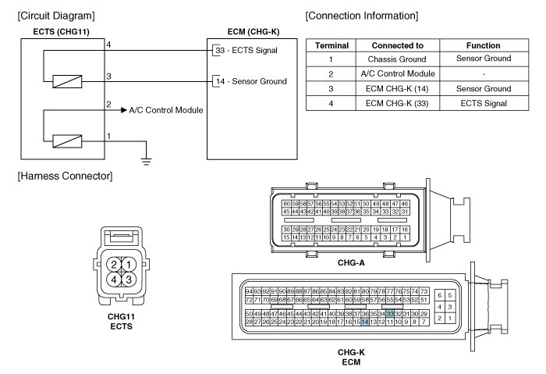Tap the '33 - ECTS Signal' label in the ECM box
coord(247,50)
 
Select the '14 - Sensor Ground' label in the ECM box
coord(250,80)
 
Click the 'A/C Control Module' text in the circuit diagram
coord(166,110)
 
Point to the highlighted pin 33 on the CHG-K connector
coord(390,313)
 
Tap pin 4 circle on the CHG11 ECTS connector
coord(114,279)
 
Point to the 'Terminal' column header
coord(331,45)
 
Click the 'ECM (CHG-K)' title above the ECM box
coord(243,31)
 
